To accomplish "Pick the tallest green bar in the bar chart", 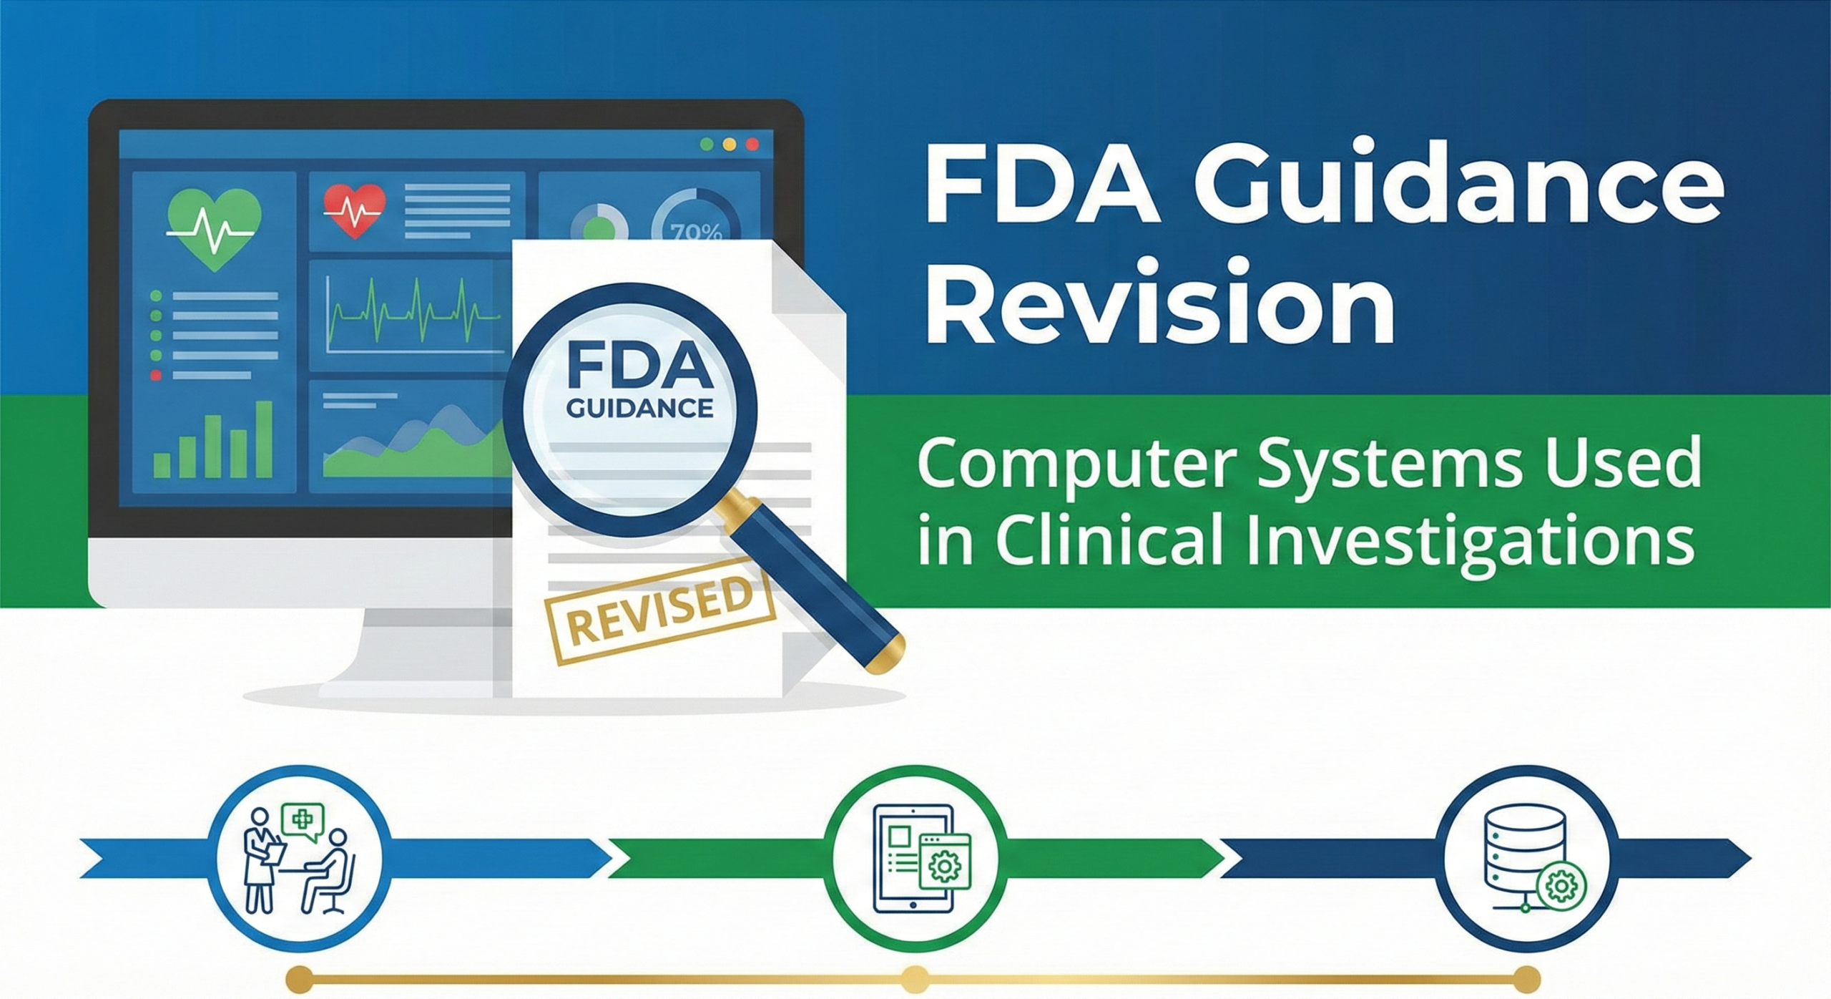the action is (265, 439).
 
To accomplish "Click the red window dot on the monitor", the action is (752, 145).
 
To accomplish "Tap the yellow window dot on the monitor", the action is (730, 145).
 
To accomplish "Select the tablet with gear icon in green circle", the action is (922, 858).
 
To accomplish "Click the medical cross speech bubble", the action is (303, 820).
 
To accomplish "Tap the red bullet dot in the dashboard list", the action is (156, 375).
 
